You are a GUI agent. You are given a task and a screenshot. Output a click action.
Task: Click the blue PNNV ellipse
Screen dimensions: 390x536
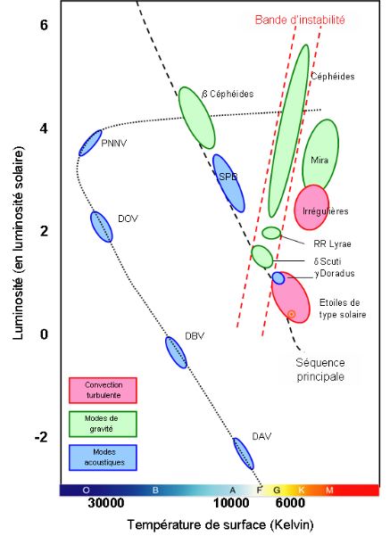90,143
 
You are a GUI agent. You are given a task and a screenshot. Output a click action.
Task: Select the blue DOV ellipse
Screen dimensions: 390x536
101,227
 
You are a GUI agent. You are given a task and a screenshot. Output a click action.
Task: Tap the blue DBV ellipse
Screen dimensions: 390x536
176,352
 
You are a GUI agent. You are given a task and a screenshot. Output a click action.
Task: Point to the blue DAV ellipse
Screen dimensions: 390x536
244,454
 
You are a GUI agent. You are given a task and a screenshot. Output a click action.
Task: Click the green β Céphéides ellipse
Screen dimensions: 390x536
196,118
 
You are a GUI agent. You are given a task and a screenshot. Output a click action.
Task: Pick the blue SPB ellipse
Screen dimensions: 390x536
228,183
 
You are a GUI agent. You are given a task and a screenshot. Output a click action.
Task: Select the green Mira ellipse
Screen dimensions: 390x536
320,155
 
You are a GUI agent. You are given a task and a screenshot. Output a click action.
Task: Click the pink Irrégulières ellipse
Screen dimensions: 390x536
311,208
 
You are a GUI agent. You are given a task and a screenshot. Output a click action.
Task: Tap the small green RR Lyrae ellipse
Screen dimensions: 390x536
271,233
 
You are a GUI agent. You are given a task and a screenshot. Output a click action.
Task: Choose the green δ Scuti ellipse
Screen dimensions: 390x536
262,256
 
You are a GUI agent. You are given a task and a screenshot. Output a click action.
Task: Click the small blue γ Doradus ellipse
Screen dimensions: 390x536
278,278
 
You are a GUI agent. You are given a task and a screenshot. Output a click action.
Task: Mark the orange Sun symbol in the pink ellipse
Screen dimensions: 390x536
291,314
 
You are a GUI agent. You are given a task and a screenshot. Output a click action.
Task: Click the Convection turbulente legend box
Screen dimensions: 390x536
103,390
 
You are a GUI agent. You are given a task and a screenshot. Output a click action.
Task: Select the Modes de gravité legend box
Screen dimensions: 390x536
103,424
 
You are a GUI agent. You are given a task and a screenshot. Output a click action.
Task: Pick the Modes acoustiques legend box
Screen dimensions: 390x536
103,458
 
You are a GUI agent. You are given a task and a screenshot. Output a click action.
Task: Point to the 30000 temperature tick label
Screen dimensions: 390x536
105,503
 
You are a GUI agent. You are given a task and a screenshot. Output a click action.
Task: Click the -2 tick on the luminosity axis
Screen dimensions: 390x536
41,437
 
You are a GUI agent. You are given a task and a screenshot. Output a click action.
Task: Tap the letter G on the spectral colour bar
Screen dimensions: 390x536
277,491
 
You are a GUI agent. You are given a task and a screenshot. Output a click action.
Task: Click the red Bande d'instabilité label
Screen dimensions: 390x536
300,20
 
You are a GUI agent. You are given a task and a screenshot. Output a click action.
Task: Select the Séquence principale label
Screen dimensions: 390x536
320,369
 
